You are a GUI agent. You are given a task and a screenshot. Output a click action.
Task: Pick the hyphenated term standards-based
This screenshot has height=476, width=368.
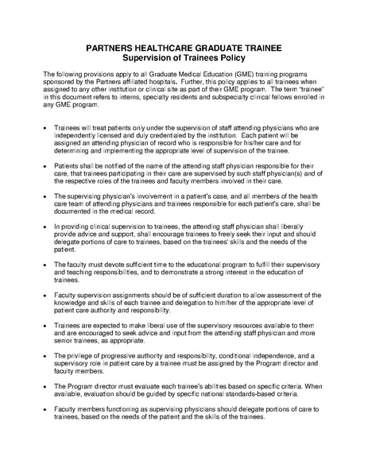[x=236, y=395]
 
